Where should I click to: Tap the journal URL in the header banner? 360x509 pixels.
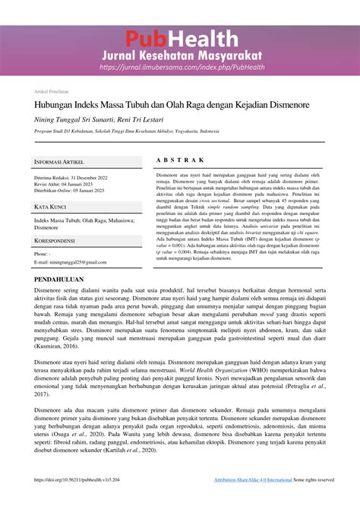(181, 67)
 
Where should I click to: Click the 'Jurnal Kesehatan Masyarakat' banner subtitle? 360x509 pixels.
(181, 55)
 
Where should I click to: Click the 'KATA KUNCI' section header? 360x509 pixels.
(50, 207)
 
